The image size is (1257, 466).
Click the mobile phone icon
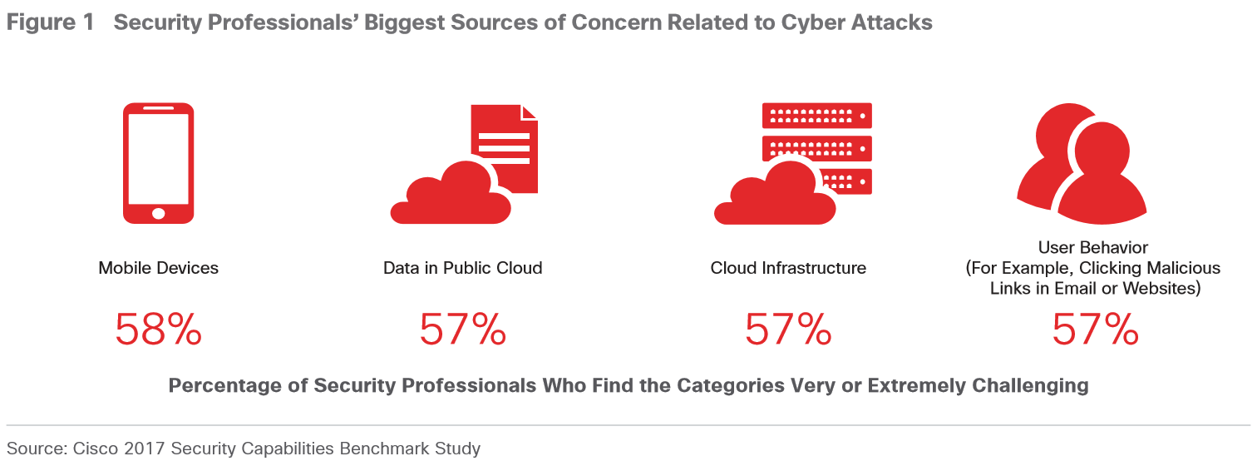[158, 164]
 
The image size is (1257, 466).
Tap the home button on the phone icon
[158, 213]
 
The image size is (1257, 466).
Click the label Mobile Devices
[158, 268]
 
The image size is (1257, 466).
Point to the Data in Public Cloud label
[462, 268]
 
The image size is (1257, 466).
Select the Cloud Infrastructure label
[788, 268]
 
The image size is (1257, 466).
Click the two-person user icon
[1081, 164]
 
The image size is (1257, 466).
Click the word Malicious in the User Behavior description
[1183, 268]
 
